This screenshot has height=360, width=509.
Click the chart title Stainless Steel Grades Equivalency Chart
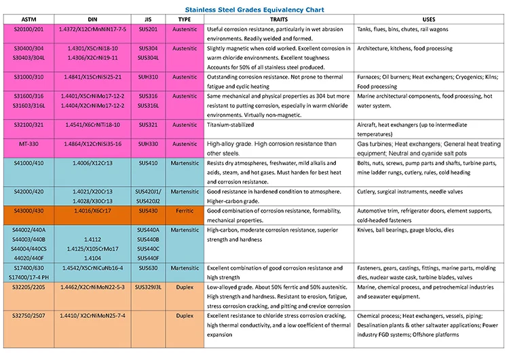point(254,9)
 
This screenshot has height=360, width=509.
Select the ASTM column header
point(29,19)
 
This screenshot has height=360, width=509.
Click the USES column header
point(429,19)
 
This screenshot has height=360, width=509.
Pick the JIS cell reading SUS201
point(148,29)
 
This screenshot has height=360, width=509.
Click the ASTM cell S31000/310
point(29,77)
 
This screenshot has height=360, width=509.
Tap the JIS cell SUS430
point(148,211)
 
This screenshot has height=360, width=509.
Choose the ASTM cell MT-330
point(29,144)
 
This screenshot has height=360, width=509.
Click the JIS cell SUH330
point(148,144)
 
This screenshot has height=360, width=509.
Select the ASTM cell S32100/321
point(29,125)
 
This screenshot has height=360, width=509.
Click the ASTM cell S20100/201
point(29,29)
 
